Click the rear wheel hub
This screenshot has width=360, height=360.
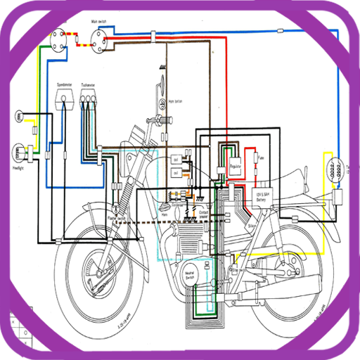coord(287,267)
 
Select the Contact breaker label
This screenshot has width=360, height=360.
coord(205,211)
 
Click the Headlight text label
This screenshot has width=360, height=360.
coord(19,169)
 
